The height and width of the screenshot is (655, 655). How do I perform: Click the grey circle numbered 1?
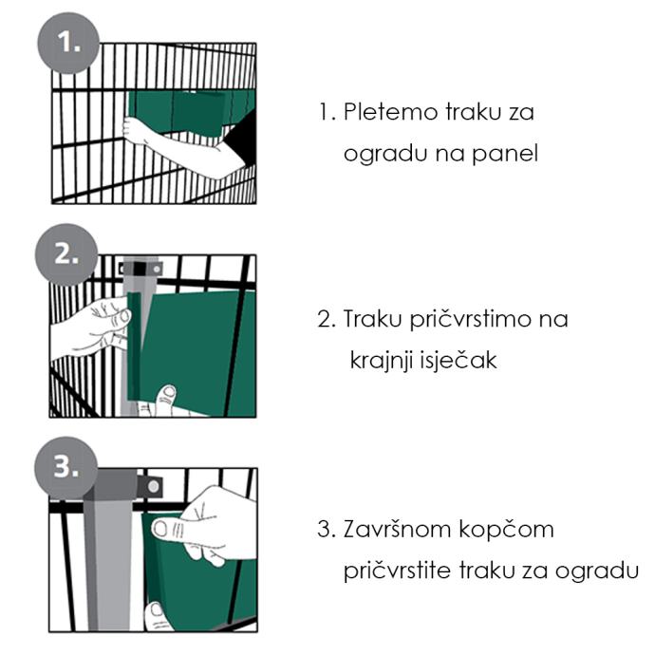68,43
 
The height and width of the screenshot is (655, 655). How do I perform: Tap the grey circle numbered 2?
66,254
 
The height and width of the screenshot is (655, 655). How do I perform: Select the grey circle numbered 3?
66,468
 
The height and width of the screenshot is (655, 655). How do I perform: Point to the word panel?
505,154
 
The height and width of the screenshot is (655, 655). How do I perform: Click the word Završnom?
397,530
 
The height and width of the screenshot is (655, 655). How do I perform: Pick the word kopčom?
506,531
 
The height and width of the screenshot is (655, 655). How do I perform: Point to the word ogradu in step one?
384,154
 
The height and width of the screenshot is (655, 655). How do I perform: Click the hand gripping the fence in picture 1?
137,130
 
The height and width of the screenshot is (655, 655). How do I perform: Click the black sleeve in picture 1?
241,135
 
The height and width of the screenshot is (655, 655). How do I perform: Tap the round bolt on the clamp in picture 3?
153,486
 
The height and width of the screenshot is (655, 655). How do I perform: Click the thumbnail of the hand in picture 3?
160,530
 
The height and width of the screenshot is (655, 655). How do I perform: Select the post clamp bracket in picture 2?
140,269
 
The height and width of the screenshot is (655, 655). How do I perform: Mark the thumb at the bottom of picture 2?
165,400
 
